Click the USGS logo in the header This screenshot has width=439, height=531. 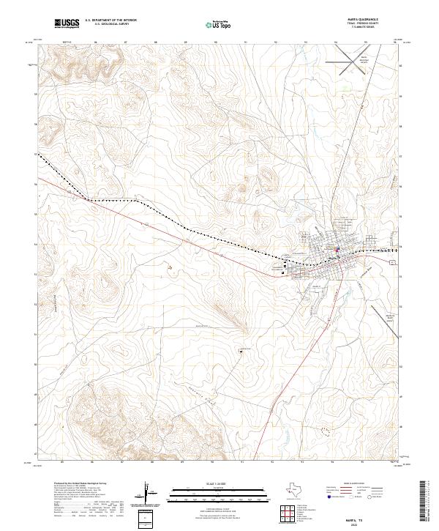[67, 24]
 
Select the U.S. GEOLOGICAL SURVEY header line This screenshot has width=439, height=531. [110, 24]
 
